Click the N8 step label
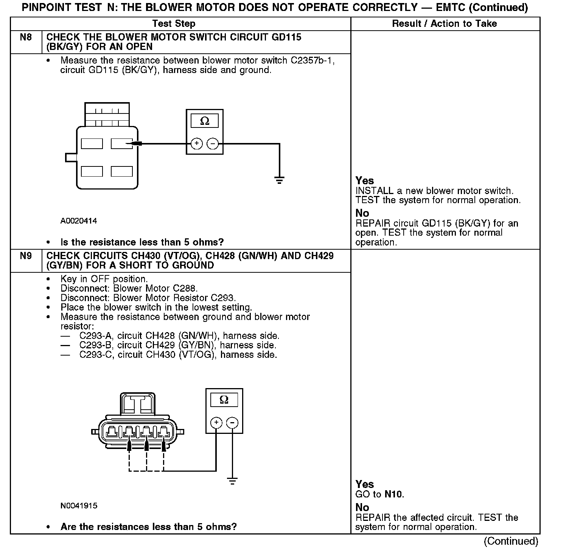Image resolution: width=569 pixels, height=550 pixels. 26,37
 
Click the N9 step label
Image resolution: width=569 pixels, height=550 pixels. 26,256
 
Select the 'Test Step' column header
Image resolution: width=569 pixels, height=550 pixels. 174,23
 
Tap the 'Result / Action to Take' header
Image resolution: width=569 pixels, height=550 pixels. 444,23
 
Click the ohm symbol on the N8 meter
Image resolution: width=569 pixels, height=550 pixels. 205,121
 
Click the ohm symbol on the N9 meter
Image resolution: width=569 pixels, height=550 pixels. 224,400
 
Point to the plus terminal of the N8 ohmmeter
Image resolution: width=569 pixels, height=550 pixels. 196,144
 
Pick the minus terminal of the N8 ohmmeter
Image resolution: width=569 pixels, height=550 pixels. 213,144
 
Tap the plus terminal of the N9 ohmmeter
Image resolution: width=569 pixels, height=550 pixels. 216,423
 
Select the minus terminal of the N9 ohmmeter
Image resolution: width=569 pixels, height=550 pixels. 232,423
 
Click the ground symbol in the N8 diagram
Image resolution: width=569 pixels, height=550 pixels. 279,180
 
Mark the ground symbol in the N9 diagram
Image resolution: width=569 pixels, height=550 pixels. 232,481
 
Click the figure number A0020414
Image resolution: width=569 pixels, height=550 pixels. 79,221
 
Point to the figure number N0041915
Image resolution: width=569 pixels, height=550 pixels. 79,506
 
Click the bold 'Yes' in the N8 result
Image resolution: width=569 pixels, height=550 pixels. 365,181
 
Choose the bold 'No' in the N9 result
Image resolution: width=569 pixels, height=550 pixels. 362,507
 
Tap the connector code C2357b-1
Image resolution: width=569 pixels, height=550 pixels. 312,61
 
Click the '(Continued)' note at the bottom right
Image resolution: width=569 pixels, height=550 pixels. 511,541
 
